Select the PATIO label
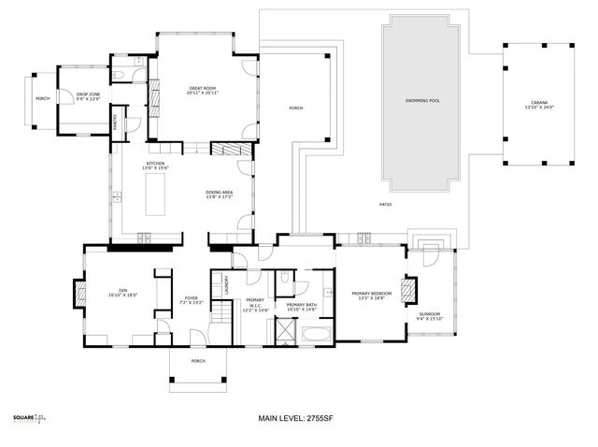(385, 205)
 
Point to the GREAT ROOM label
(203, 91)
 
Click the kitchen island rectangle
(155, 194)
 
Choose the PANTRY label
(114, 123)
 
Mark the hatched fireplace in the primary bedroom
(406, 290)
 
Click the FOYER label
(192, 300)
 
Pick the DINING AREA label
(220, 195)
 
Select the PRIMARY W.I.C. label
(256, 304)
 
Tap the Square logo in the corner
(28, 418)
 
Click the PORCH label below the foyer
(198, 361)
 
